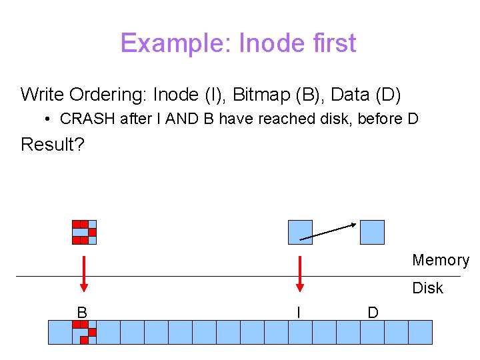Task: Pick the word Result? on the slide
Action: pyautogui.click(x=53, y=145)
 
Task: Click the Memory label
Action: pyautogui.click(x=441, y=260)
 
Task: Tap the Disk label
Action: pyautogui.click(x=428, y=288)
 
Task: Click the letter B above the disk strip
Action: pyautogui.click(x=82, y=312)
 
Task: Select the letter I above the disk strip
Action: pyautogui.click(x=299, y=312)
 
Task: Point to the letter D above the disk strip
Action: pyautogui.click(x=373, y=312)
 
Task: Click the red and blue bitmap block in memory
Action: pyautogui.click(x=85, y=232)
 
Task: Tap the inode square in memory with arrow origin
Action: pyautogui.click(x=300, y=232)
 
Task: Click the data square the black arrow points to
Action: pyautogui.click(x=372, y=232)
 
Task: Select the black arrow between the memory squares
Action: pyautogui.click(x=329, y=231)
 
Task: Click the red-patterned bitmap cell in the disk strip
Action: pyautogui.click(x=85, y=332)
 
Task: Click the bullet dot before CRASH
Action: pyautogui.click(x=49, y=120)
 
